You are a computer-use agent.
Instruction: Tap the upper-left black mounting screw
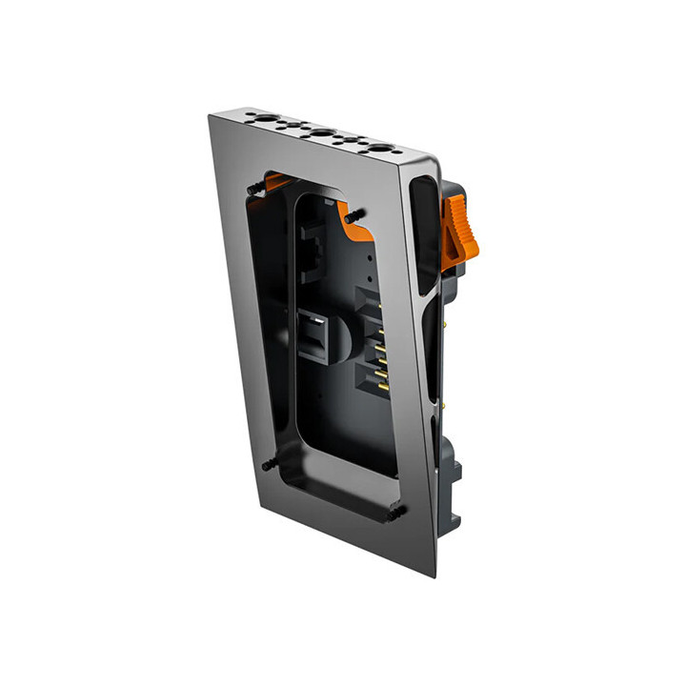point(255,190)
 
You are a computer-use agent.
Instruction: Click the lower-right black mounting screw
point(393,513)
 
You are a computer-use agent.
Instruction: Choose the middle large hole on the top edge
point(322,134)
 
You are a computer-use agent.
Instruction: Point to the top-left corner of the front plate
point(211,116)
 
